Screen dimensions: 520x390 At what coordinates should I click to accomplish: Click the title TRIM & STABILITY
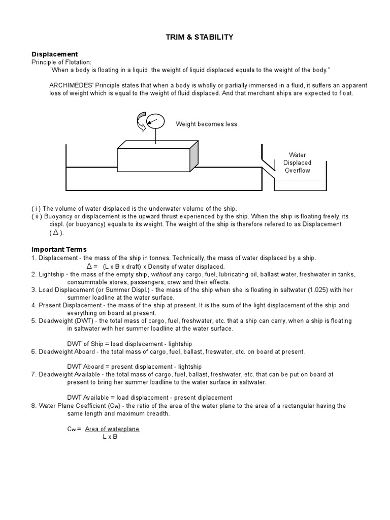coord(195,37)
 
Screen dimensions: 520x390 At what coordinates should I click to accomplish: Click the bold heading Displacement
coord(55,54)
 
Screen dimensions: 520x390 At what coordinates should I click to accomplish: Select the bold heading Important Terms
coord(59,249)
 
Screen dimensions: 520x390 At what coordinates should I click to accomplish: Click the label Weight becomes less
coord(206,124)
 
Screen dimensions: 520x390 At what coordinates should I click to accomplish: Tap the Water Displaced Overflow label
coord(300,163)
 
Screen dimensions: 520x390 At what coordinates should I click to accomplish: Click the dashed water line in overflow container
coord(300,180)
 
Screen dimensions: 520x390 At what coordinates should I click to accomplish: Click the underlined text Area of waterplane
coord(112,429)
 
